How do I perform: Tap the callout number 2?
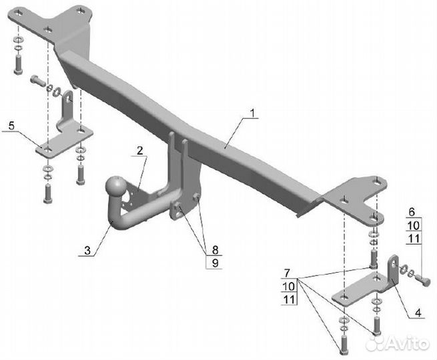click(x=140, y=151)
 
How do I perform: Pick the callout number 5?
click(x=11, y=125)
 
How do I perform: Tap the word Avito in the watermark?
click(x=408, y=343)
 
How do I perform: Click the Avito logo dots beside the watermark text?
click(x=378, y=343)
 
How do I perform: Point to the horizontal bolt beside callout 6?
click(x=423, y=280)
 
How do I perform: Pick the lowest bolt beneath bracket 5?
click(x=46, y=193)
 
